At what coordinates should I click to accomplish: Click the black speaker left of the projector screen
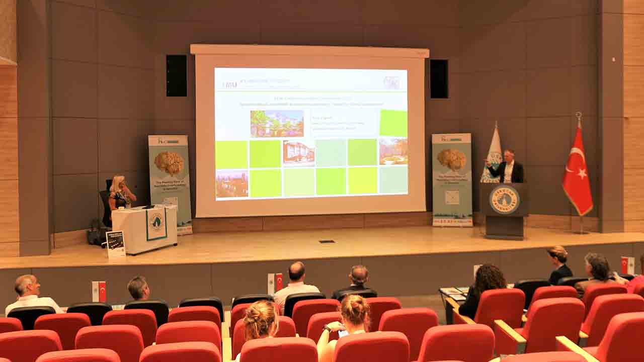pos(177,75)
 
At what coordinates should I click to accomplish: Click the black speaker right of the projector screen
pos(439,79)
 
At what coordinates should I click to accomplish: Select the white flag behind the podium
pos(492,154)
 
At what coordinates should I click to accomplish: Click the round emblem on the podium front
pos(504,200)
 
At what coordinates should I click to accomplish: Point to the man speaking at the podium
pos(507,167)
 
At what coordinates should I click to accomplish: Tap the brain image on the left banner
pos(169,163)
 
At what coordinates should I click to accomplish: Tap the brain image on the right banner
pos(451,159)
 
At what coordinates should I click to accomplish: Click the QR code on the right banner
pos(452,198)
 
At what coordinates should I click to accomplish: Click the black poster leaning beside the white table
pos(116,244)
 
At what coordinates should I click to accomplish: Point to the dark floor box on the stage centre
pos(327,241)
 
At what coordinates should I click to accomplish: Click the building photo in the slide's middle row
pos(298,153)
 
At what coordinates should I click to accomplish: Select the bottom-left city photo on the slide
pos(232,184)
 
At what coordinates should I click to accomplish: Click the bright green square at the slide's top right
pos(393,123)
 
